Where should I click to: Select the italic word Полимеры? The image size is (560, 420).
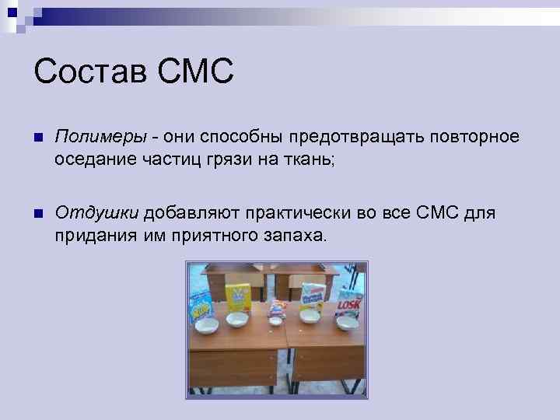tap(100, 137)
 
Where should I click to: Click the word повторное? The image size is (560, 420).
tap(473, 137)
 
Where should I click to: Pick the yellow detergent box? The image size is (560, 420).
tap(236, 297)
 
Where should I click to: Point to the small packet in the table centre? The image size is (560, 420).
tap(275, 312)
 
